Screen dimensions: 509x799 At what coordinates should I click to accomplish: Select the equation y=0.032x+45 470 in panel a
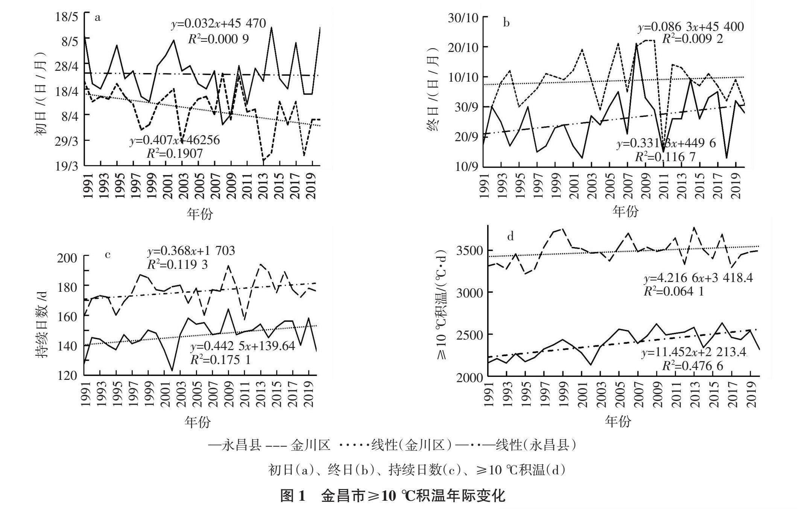point(219,24)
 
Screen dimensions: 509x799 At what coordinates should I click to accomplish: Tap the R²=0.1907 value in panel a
point(175,153)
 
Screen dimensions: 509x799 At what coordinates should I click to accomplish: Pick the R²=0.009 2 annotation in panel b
point(692,39)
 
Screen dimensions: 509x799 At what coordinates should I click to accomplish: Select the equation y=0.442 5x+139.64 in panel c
point(243,346)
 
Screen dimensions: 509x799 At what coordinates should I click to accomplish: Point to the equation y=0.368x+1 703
point(191,250)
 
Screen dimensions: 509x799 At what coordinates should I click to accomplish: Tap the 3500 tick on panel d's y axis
point(469,251)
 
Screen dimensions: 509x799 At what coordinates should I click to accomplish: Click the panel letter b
point(506,23)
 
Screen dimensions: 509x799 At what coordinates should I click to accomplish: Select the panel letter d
point(510,236)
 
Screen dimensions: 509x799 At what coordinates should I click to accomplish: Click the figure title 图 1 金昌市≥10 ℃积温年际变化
point(393,496)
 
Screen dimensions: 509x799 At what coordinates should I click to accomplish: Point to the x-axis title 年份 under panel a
point(200,213)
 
